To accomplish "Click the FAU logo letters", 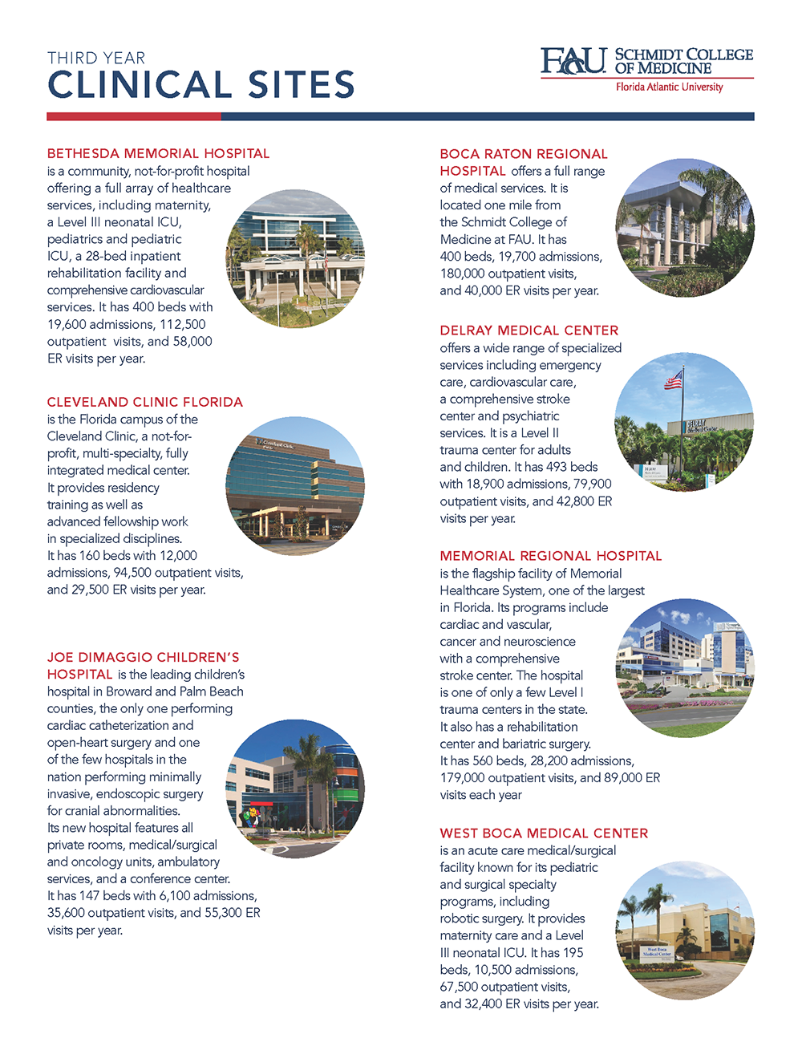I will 573,62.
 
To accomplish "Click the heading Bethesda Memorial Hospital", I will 158,153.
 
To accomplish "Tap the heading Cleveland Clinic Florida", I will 144,402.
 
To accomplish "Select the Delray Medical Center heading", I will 529,330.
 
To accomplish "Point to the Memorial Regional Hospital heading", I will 550,556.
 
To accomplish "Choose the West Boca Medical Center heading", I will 544,833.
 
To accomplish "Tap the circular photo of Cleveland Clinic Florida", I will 295,485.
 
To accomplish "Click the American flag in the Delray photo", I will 673,380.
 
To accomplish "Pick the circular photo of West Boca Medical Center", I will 685,931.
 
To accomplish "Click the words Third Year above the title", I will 96,59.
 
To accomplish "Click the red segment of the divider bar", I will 133,116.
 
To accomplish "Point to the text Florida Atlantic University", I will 669,87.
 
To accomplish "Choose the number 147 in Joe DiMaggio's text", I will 91,896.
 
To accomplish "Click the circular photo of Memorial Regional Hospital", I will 685,668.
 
